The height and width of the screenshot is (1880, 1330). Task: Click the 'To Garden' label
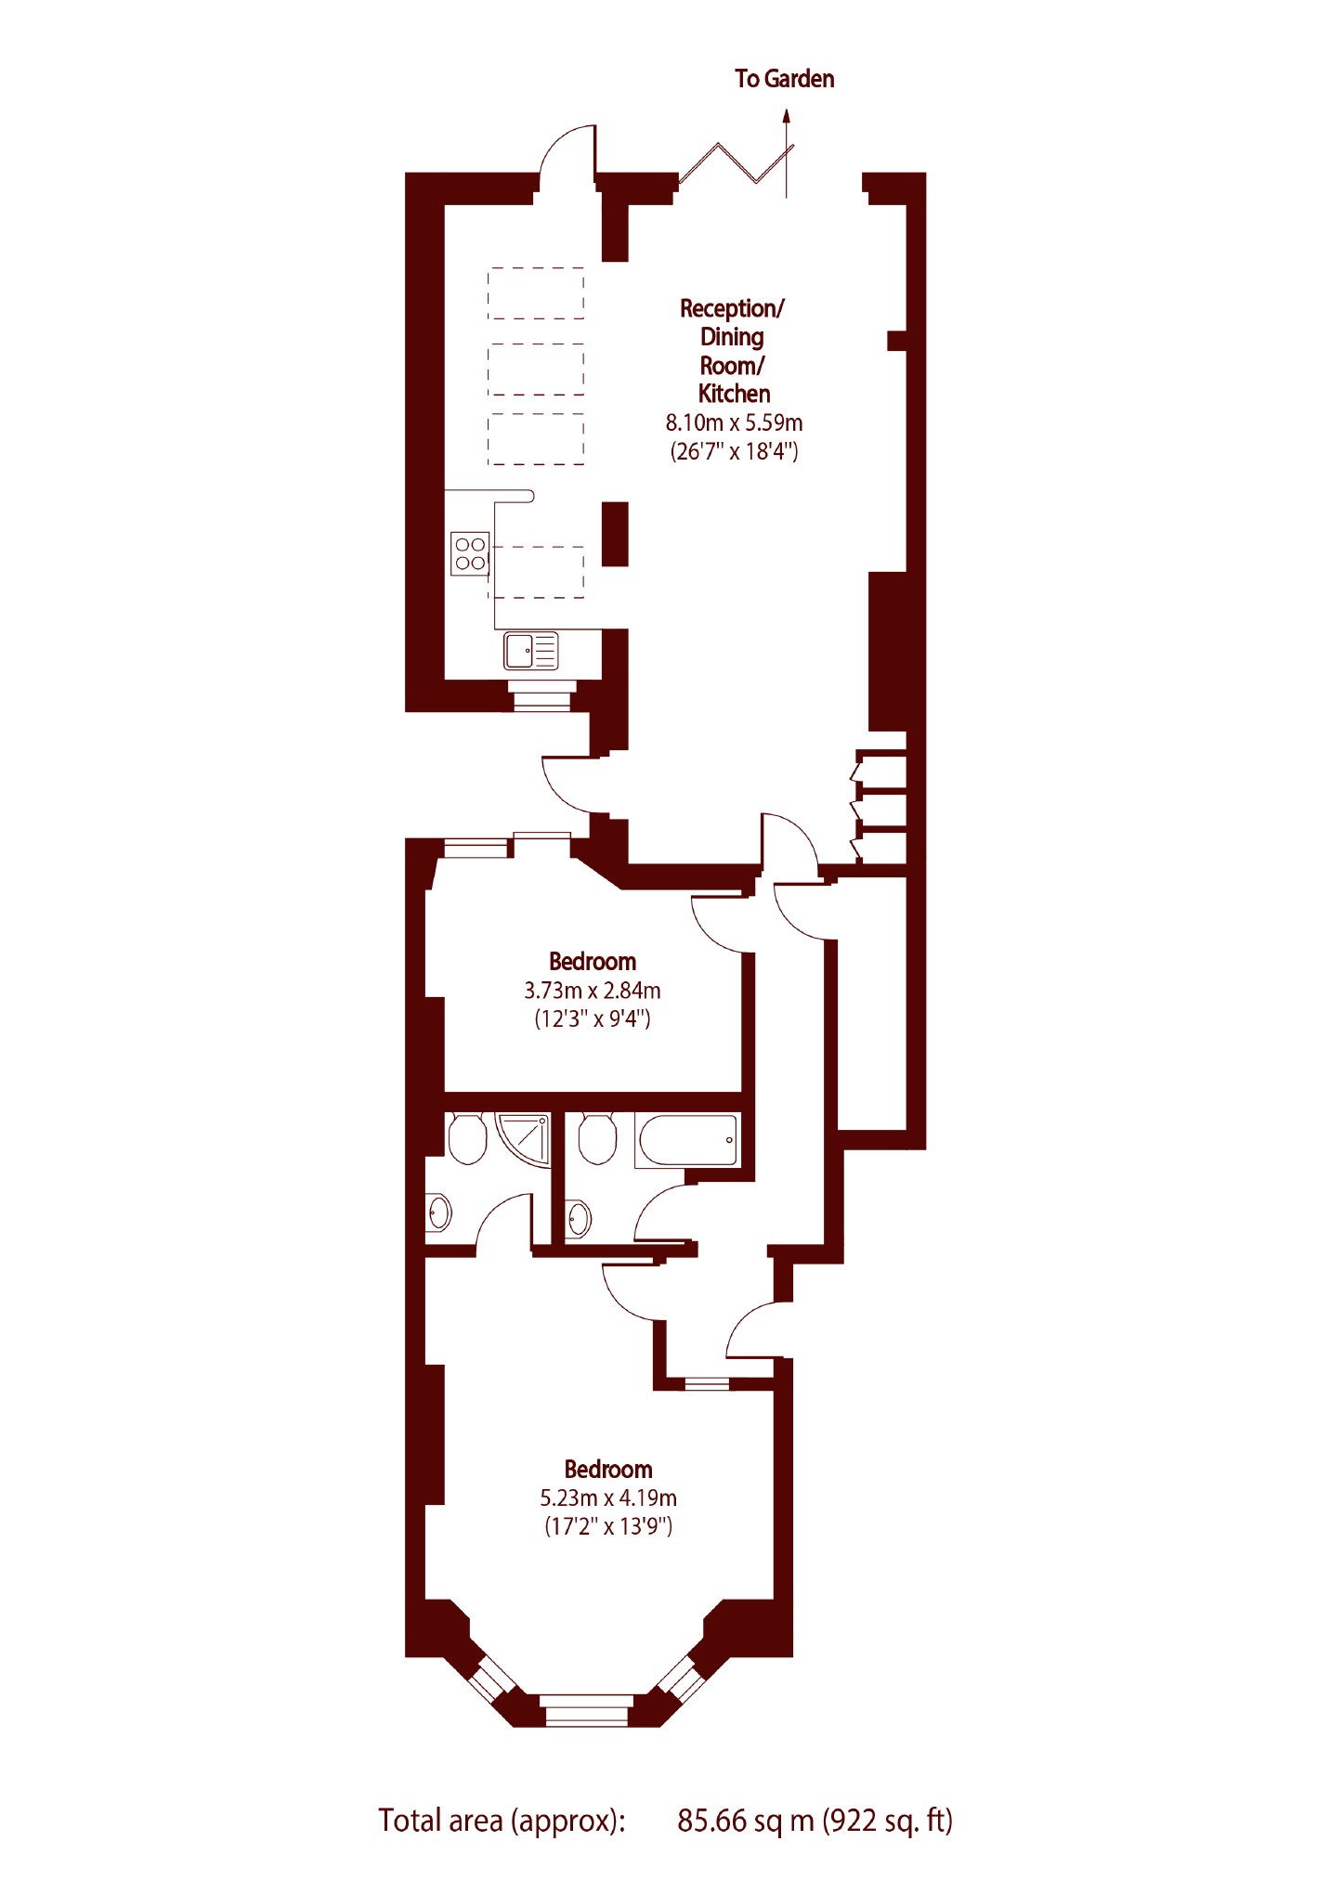(x=784, y=79)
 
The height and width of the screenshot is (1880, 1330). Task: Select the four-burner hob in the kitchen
(x=470, y=552)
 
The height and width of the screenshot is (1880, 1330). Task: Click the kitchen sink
(x=530, y=651)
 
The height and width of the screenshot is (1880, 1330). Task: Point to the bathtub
(x=687, y=1139)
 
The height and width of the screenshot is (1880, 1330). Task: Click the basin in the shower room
(x=438, y=1212)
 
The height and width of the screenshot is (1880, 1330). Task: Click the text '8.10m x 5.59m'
(x=734, y=423)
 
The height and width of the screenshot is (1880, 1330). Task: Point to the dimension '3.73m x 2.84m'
(x=593, y=991)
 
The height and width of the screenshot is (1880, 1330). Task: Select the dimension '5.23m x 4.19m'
(x=608, y=1498)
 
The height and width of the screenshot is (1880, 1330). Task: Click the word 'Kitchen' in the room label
(x=734, y=394)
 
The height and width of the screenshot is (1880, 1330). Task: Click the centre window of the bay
(x=586, y=1710)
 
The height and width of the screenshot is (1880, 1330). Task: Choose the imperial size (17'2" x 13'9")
(x=608, y=1526)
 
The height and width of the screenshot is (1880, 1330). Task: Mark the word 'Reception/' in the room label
(x=732, y=308)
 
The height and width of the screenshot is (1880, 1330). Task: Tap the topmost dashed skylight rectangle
(x=536, y=293)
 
